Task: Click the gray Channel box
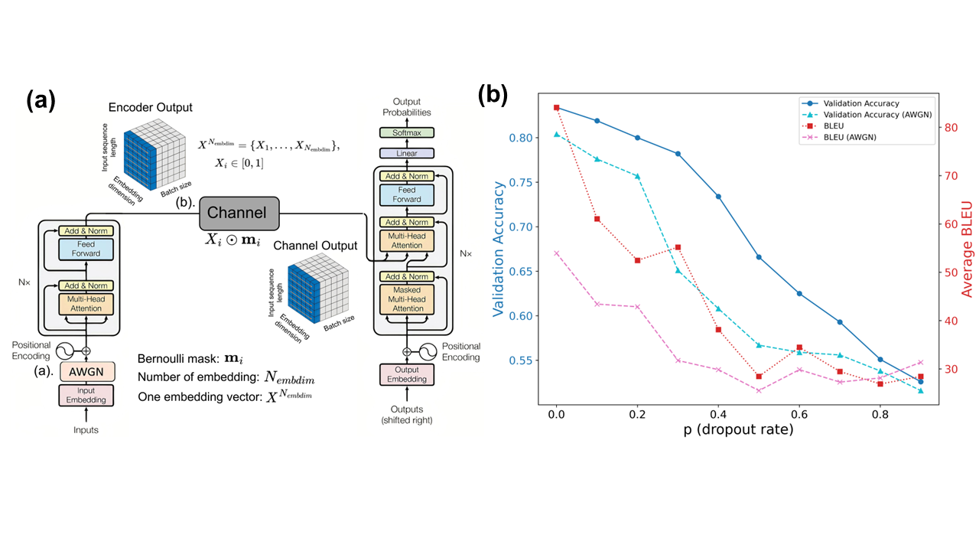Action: click(x=239, y=212)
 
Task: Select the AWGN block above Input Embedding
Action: click(x=86, y=371)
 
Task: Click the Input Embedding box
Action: click(x=86, y=395)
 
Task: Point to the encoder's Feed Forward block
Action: click(x=86, y=249)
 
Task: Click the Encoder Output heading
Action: click(x=150, y=107)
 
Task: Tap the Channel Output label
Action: click(x=315, y=246)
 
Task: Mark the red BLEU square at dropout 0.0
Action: click(x=556, y=108)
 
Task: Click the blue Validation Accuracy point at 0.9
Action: click(x=920, y=381)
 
